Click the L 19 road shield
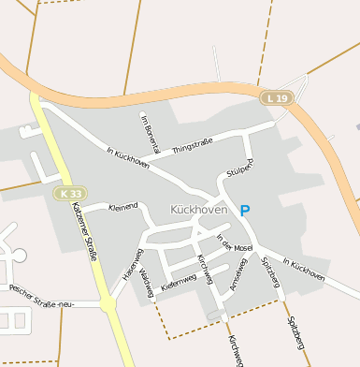(x=276, y=97)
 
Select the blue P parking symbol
(x=245, y=212)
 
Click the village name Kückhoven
(x=199, y=210)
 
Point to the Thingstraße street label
(x=193, y=143)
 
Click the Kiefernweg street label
(x=179, y=280)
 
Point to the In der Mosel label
(x=235, y=242)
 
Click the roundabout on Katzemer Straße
(x=108, y=304)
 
